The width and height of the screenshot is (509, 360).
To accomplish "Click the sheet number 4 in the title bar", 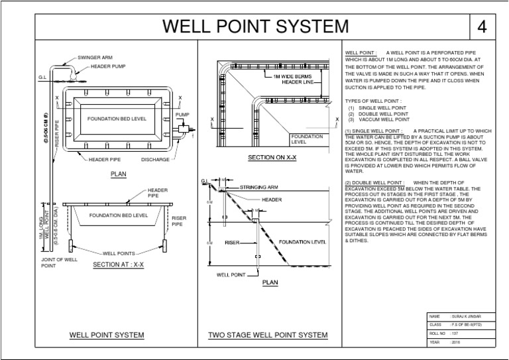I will click(x=482, y=27).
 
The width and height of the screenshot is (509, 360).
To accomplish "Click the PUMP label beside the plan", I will click(x=182, y=115).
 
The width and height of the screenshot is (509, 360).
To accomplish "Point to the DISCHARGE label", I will click(x=155, y=160).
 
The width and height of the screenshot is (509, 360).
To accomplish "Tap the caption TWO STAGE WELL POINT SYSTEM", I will click(x=268, y=335).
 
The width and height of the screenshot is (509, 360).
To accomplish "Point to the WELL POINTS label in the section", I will click(x=119, y=253).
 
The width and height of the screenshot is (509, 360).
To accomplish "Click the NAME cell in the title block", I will click(x=435, y=318).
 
